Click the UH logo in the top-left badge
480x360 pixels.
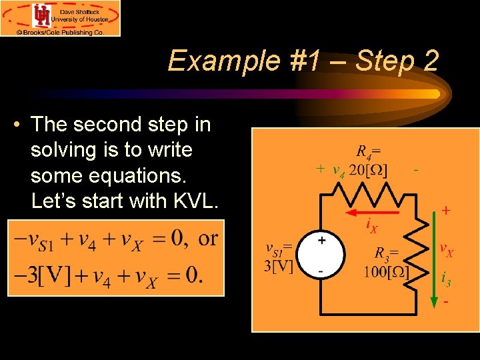point(42,15)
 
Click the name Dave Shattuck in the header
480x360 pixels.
point(81,11)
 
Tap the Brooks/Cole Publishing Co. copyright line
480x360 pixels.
point(60,31)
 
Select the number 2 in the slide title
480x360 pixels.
point(430,61)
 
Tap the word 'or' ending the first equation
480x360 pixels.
point(208,238)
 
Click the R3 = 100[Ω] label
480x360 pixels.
point(387,263)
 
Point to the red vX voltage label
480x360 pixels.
point(446,250)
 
